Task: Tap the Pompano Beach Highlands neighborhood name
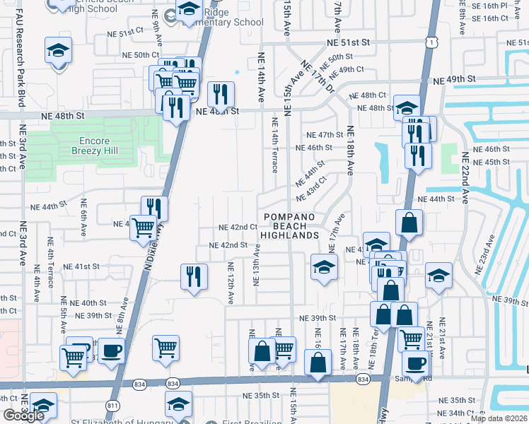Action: click(x=290, y=225)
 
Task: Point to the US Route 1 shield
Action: click(x=430, y=42)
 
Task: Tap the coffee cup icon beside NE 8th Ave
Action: click(x=112, y=351)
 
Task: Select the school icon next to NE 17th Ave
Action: click(x=324, y=267)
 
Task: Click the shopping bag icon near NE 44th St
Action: click(x=409, y=223)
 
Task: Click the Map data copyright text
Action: click(x=499, y=418)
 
